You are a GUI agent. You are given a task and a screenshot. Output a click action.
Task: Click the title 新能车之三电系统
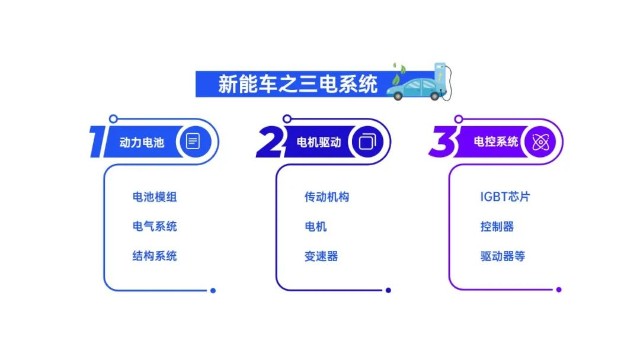[298, 84]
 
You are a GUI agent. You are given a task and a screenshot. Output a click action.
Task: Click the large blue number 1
[97, 142]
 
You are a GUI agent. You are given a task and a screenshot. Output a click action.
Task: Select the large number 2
[270, 142]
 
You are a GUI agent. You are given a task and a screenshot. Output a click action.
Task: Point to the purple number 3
[443, 141]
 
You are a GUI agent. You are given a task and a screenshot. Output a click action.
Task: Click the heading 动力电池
[142, 142]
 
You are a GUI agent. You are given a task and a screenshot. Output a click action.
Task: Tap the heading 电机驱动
[319, 142]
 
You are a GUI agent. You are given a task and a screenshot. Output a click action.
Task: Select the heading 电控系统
[496, 141]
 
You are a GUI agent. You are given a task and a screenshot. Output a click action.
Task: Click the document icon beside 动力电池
[193, 141]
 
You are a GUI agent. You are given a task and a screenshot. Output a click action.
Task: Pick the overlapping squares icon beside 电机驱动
[367, 142]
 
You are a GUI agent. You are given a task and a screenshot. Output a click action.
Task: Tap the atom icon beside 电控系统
[540, 142]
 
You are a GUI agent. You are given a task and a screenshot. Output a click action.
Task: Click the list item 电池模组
[155, 197]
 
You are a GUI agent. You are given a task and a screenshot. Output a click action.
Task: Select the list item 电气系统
[155, 226]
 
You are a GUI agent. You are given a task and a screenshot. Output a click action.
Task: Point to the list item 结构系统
[155, 256]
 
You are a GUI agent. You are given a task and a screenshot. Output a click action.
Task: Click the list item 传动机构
[327, 197]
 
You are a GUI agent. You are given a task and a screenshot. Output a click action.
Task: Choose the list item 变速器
[321, 256]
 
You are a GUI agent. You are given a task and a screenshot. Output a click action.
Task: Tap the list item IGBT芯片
[505, 197]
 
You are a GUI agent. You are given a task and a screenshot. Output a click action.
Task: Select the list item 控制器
[497, 226]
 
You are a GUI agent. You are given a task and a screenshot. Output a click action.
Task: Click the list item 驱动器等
[503, 256]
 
